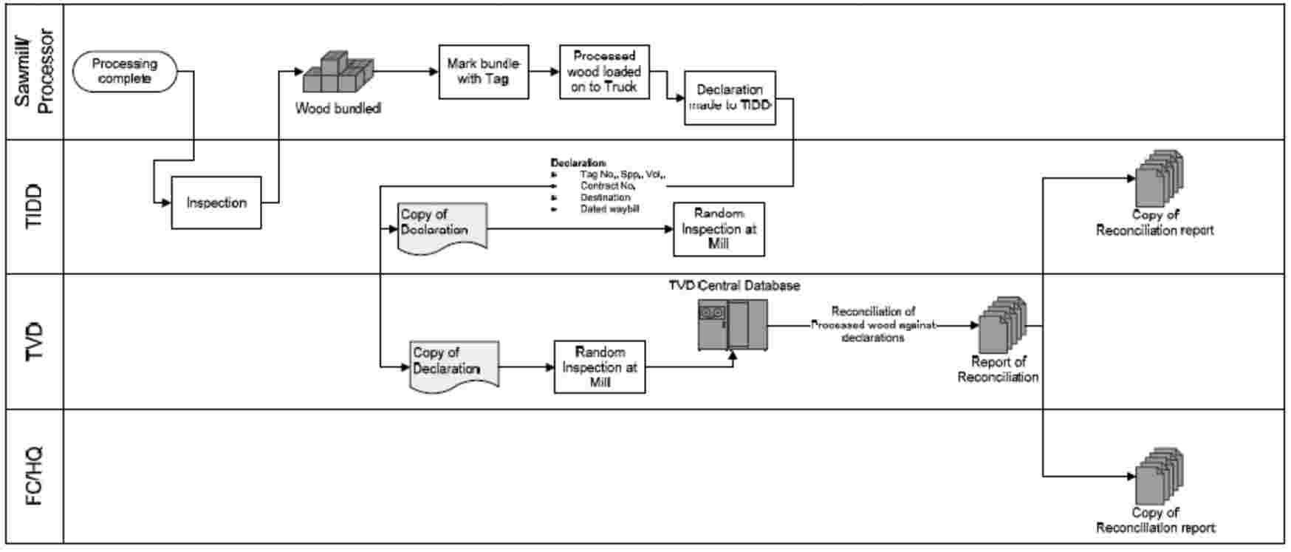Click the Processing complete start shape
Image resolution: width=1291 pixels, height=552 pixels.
point(125,72)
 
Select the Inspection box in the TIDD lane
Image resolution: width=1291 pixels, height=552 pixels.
point(216,202)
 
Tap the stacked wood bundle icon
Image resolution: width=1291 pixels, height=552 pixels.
point(339,73)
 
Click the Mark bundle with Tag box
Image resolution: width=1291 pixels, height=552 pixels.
point(484,72)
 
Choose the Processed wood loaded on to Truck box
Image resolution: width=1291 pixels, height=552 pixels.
point(604,72)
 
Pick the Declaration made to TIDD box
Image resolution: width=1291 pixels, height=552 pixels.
point(730,98)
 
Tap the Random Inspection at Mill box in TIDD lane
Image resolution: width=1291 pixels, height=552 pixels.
point(719,229)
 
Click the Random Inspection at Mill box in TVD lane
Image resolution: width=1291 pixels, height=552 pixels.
point(600,367)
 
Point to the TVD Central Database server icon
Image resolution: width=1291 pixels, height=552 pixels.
point(733,324)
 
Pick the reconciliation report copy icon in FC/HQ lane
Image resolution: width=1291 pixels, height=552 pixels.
point(1159,476)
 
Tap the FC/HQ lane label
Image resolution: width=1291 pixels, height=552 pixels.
point(35,477)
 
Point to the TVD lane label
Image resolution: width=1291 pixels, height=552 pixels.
point(35,341)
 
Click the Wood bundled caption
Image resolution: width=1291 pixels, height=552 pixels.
point(338,109)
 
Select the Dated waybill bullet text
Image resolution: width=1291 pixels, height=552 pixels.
point(609,209)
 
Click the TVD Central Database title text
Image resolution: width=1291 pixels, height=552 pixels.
point(734,285)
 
